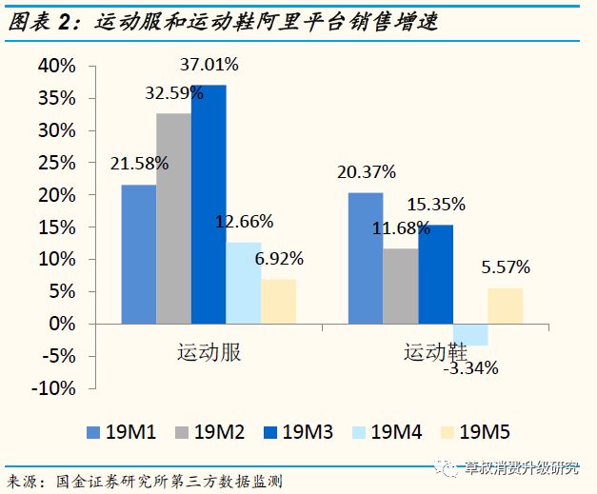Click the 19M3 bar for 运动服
coord(209,204)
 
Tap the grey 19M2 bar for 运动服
coord(173,218)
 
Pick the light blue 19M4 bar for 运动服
coord(244,283)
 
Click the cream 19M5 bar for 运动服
coord(278,301)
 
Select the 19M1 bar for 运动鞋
coord(366,258)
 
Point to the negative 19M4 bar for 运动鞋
coord(470,334)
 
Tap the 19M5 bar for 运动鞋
coord(505,306)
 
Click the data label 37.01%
coord(209,66)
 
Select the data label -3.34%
coord(469,368)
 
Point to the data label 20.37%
coord(367,172)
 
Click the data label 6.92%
coord(279,258)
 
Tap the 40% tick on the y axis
coord(56,66)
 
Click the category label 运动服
coord(209,351)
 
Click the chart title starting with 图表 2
coord(224,22)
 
